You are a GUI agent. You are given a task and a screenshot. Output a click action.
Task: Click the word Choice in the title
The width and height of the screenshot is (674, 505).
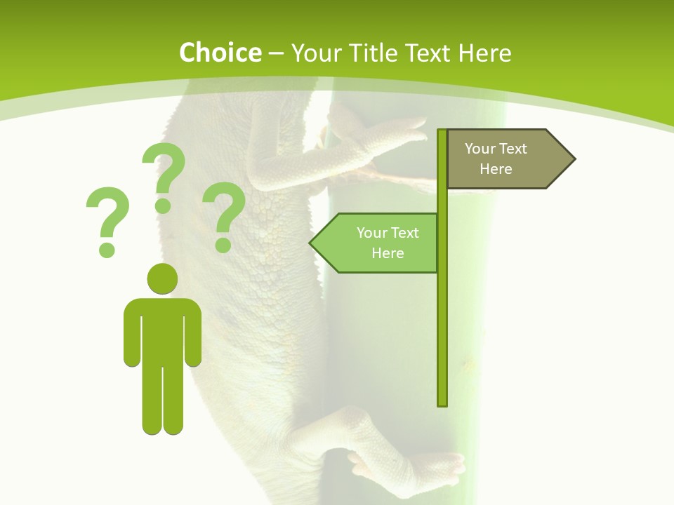[220, 53]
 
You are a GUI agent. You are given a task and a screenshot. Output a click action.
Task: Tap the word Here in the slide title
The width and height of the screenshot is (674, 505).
[484, 53]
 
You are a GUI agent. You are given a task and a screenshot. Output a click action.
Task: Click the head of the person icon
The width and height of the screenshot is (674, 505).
[162, 278]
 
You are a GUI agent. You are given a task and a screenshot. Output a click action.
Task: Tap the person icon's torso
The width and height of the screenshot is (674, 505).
[162, 330]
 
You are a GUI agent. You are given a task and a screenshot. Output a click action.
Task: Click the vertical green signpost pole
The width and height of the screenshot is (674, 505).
[442, 316]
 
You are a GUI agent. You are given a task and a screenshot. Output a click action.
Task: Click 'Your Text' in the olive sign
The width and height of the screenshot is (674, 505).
[496, 149]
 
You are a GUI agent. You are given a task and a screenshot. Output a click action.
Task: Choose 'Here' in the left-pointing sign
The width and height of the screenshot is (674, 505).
[388, 253]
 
